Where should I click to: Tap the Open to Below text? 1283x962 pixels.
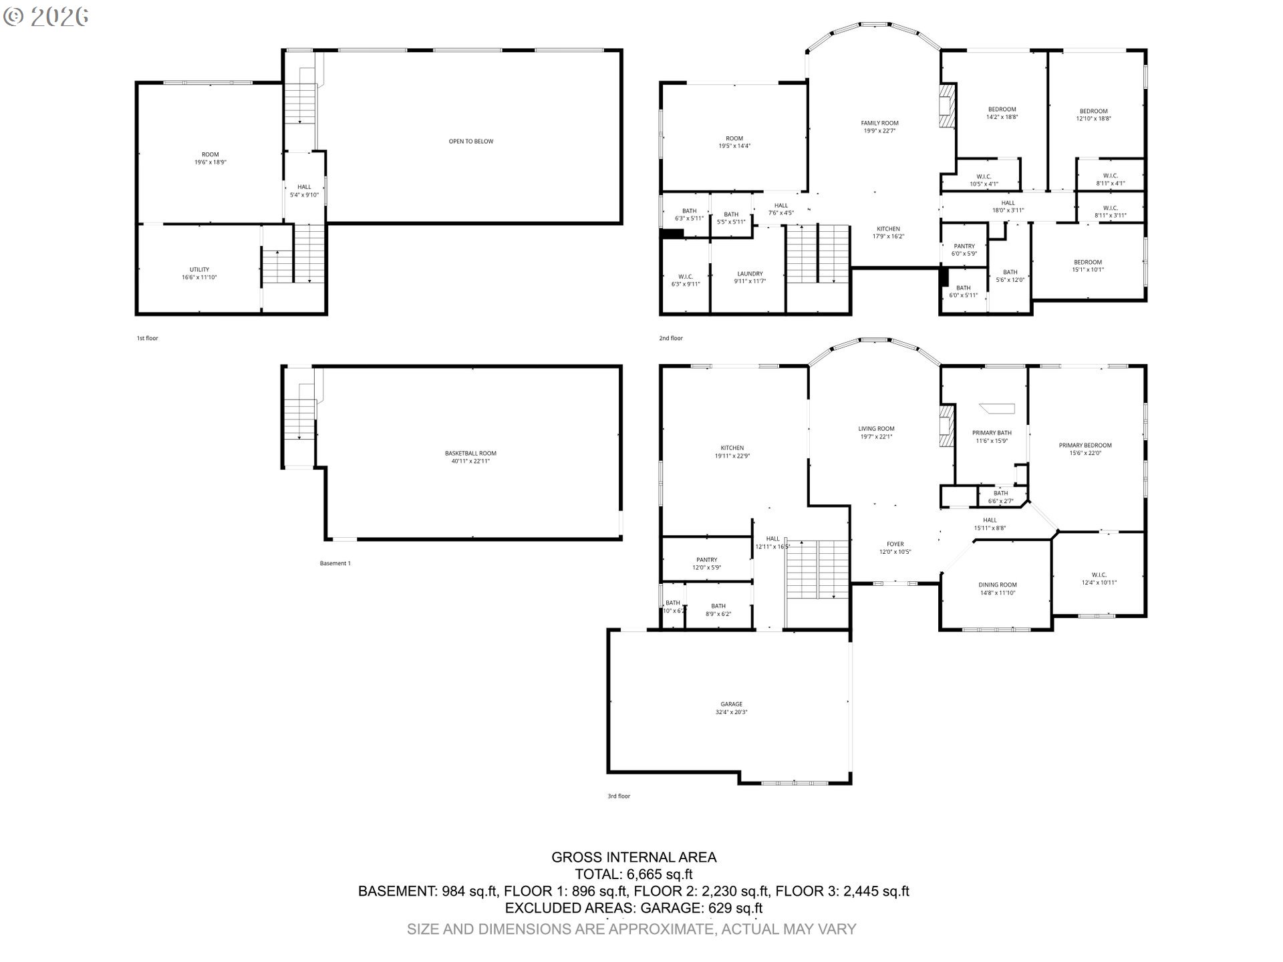[x=470, y=142]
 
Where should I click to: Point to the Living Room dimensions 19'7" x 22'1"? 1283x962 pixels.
[x=876, y=437]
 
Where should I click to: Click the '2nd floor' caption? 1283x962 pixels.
[x=671, y=338]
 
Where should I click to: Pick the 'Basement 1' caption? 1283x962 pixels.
[x=335, y=563]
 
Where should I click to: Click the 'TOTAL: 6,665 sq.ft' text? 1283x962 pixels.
[x=633, y=874]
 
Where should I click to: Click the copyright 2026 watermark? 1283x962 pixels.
[x=45, y=16]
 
